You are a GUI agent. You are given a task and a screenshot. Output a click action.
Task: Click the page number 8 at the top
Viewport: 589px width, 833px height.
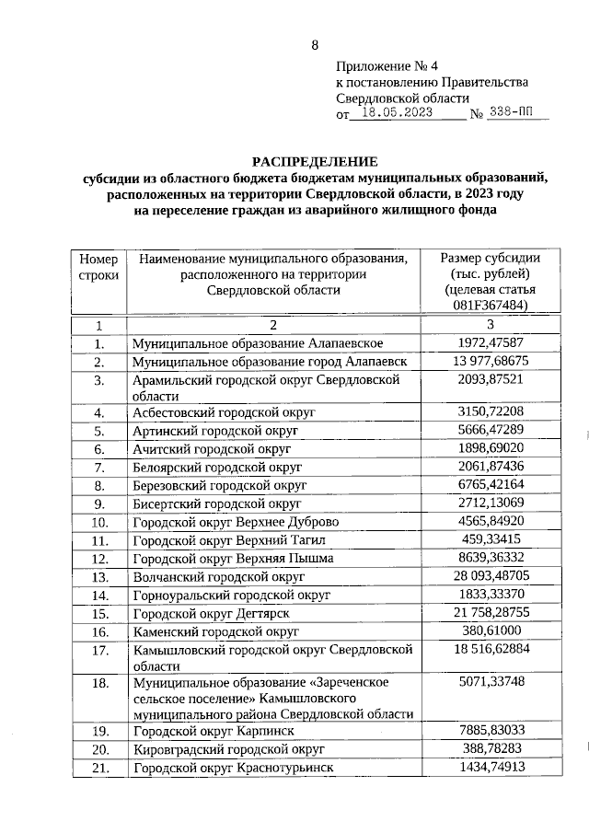click(x=315, y=45)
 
